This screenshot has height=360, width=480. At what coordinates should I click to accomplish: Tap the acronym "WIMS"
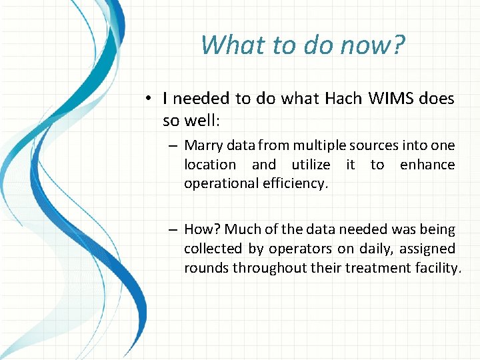point(394,99)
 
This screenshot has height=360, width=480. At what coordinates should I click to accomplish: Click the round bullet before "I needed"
point(153,99)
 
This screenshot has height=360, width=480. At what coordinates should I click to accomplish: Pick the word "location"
point(210,165)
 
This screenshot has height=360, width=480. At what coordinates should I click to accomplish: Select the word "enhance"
point(427,165)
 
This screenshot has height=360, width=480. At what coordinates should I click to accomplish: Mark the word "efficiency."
point(296,184)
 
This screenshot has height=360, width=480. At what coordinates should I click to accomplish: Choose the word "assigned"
point(427,249)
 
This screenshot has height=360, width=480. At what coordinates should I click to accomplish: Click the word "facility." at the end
point(437,268)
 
